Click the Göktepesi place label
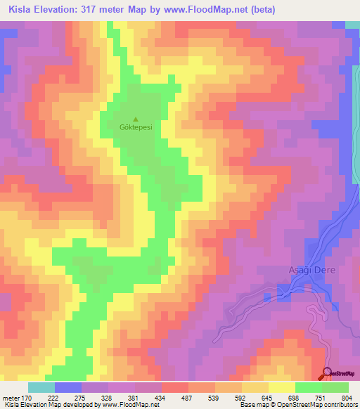(x=136, y=129)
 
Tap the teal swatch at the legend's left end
(x=41, y=387)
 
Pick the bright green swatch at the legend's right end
(x=335, y=387)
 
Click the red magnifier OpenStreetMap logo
(x=327, y=374)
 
